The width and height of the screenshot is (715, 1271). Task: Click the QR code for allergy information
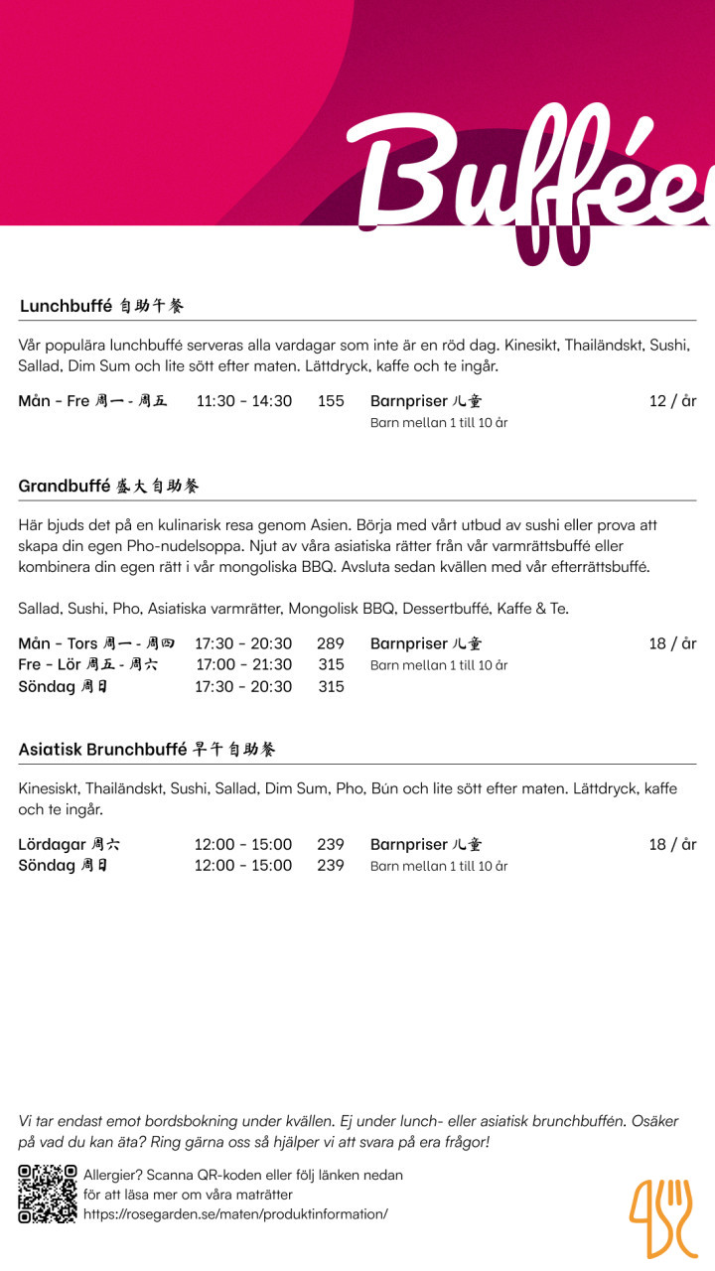coord(47,1194)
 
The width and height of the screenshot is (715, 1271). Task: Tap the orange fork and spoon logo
coord(661,1217)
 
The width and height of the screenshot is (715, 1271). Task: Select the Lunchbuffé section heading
coord(101,306)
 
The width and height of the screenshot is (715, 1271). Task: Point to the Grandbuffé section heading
coord(108,486)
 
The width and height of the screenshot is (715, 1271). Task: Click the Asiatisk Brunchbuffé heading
coord(146,749)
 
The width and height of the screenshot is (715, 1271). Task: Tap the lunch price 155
coord(331,401)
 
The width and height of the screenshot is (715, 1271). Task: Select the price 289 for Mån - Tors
coord(331,643)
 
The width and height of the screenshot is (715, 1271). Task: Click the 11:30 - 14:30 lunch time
coord(243,401)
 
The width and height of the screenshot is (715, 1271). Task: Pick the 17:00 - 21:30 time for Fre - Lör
coord(243,664)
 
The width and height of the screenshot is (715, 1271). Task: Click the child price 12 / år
coord(672,401)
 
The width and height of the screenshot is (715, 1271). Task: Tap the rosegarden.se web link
coord(235,1213)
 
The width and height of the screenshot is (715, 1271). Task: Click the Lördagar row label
coord(69,844)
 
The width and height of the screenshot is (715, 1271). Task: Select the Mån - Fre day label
coord(92,401)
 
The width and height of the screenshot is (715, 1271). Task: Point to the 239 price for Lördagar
coord(331,844)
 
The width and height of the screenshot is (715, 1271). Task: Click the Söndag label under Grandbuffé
coord(63,686)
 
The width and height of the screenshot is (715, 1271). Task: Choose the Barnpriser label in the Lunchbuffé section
coord(425,401)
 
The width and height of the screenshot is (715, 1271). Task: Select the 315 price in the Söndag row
coord(331,686)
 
